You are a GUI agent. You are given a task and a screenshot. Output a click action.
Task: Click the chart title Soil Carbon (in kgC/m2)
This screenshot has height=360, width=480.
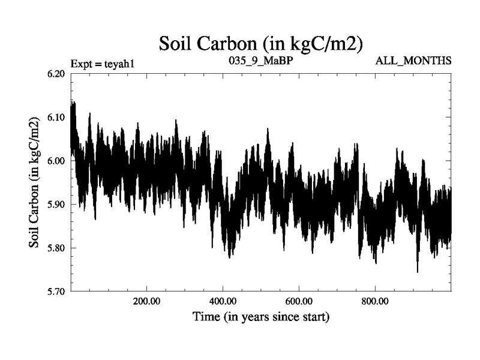261,43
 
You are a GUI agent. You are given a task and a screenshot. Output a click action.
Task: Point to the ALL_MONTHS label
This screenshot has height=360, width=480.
413,61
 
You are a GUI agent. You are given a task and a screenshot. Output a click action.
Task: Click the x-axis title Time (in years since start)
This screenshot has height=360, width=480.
261,317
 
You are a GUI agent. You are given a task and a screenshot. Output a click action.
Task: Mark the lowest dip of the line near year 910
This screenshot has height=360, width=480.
418,272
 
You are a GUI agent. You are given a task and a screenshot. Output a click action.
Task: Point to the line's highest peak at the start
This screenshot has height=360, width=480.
73,101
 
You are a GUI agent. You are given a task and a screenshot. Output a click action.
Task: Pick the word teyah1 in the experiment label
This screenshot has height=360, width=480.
125,62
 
